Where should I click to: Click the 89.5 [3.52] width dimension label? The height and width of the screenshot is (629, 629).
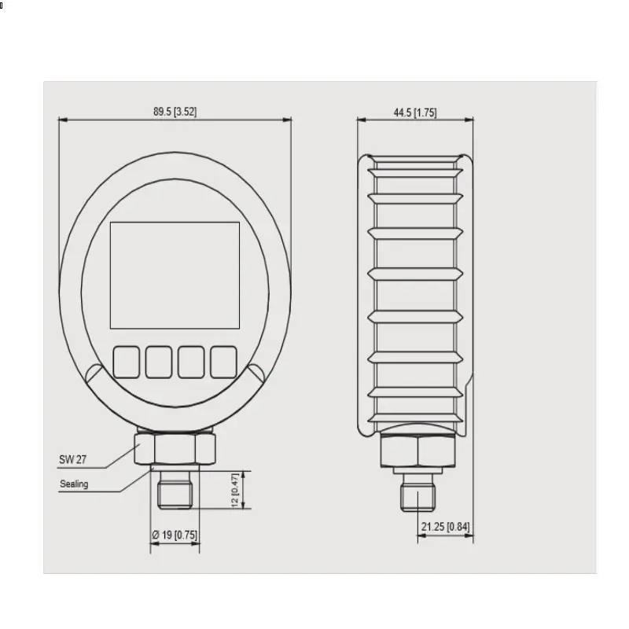click(x=175, y=112)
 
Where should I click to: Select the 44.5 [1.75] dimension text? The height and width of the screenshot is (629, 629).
click(x=415, y=112)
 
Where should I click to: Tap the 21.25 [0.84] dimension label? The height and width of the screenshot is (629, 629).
click(x=445, y=526)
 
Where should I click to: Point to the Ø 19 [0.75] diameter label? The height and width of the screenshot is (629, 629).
click(x=175, y=535)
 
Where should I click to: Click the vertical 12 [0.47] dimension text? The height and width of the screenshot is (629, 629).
click(x=235, y=490)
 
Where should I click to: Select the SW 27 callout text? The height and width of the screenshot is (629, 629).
click(x=72, y=459)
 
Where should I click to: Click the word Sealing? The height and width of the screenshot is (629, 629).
click(x=74, y=484)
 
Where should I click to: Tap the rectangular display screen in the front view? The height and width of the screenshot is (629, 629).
click(x=175, y=276)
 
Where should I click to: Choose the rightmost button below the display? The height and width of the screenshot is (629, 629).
click(x=223, y=362)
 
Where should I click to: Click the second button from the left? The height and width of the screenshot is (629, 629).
click(x=159, y=362)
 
